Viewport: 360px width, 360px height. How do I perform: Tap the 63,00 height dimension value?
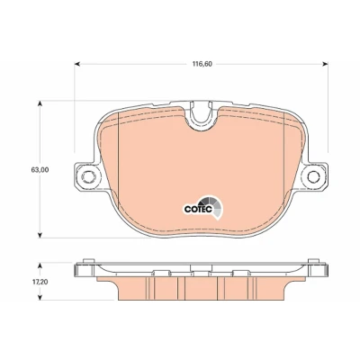click(40, 170)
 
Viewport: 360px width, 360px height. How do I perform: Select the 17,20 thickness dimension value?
click(40, 282)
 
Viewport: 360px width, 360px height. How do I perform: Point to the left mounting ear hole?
click(88, 176)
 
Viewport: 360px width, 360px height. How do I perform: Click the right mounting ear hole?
click(313, 176)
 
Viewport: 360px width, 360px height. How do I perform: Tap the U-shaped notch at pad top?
click(202, 114)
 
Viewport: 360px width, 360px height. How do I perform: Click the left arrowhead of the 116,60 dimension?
click(77, 64)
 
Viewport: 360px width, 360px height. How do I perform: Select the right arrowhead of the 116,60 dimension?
click(325, 64)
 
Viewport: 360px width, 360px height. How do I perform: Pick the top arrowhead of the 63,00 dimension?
click(40, 103)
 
